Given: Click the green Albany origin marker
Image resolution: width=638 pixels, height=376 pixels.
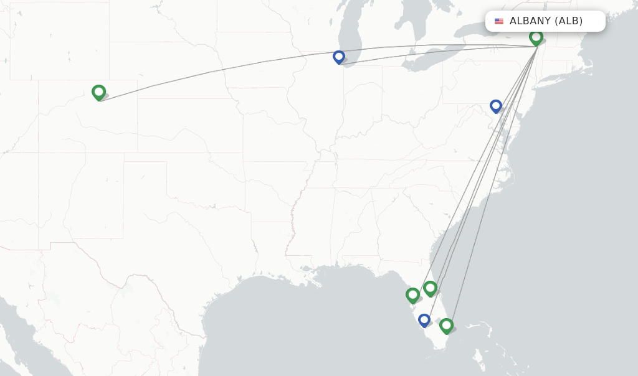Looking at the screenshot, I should click(536, 37).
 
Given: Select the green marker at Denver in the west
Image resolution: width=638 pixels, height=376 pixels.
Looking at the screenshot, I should click(98, 92).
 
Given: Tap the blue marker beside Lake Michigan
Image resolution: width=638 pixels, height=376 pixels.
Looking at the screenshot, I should click(339, 57).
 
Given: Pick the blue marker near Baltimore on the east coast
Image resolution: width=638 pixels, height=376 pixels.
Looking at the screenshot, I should click(496, 106).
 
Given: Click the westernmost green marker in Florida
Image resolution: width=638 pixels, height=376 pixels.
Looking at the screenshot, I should click(412, 294).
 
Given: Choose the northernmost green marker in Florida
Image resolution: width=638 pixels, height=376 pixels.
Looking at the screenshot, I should click(430, 288).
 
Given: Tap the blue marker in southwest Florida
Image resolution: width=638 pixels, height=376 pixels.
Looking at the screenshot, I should click(424, 320).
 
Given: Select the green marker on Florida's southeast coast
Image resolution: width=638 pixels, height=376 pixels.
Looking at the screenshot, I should click(446, 325).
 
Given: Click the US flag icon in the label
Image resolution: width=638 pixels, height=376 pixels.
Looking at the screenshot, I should click(499, 21).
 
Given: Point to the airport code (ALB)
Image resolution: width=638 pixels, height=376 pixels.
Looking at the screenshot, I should click(569, 21).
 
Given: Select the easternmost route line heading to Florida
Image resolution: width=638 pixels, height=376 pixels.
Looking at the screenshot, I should click(492, 187).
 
